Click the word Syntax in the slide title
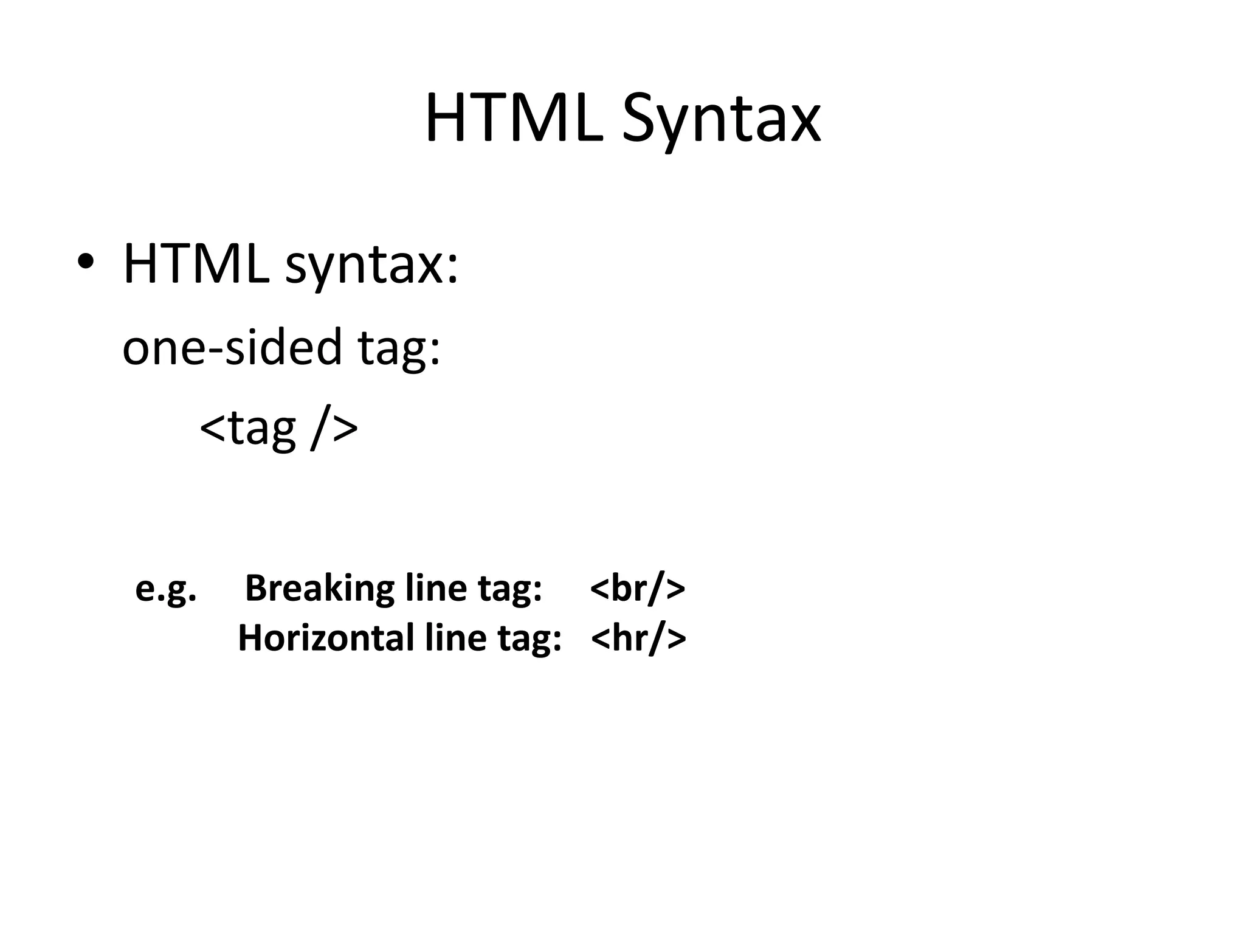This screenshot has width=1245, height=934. [x=720, y=122]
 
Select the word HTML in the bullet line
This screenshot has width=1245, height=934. [x=196, y=264]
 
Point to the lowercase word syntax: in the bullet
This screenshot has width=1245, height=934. [x=371, y=268]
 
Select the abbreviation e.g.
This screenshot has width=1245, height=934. [x=165, y=589]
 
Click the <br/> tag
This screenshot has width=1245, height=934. [x=637, y=589]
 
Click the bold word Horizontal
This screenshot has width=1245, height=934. [x=326, y=638]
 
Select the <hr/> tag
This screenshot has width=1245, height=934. [x=638, y=638]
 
